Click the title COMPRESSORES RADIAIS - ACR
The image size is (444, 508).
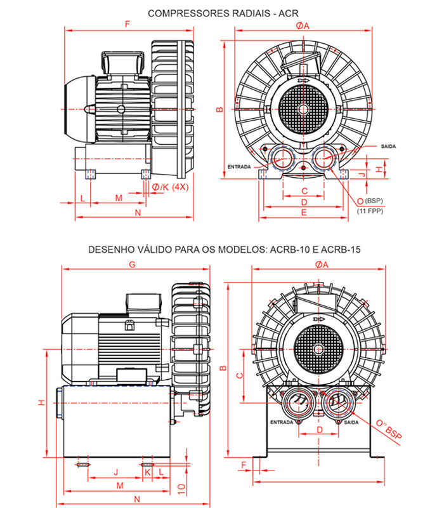(x=222, y=13)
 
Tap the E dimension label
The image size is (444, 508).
(x=304, y=213)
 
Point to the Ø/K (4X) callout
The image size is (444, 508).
(x=171, y=187)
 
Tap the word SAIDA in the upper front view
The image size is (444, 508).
(x=389, y=146)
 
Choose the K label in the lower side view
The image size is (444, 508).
(x=147, y=472)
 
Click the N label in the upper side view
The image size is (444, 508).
(x=138, y=213)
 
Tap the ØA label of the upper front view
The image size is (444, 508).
(x=302, y=25)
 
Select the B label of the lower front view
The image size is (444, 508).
(x=223, y=369)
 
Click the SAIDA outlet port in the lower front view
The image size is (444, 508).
(x=334, y=403)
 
